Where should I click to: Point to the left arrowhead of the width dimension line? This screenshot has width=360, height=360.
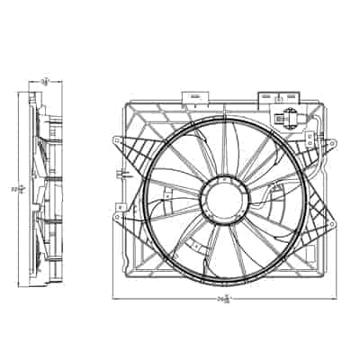(x=115, y=298)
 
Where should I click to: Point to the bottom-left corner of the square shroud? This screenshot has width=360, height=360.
(x=125, y=270)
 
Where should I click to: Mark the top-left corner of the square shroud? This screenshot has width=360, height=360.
(x=126, y=106)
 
